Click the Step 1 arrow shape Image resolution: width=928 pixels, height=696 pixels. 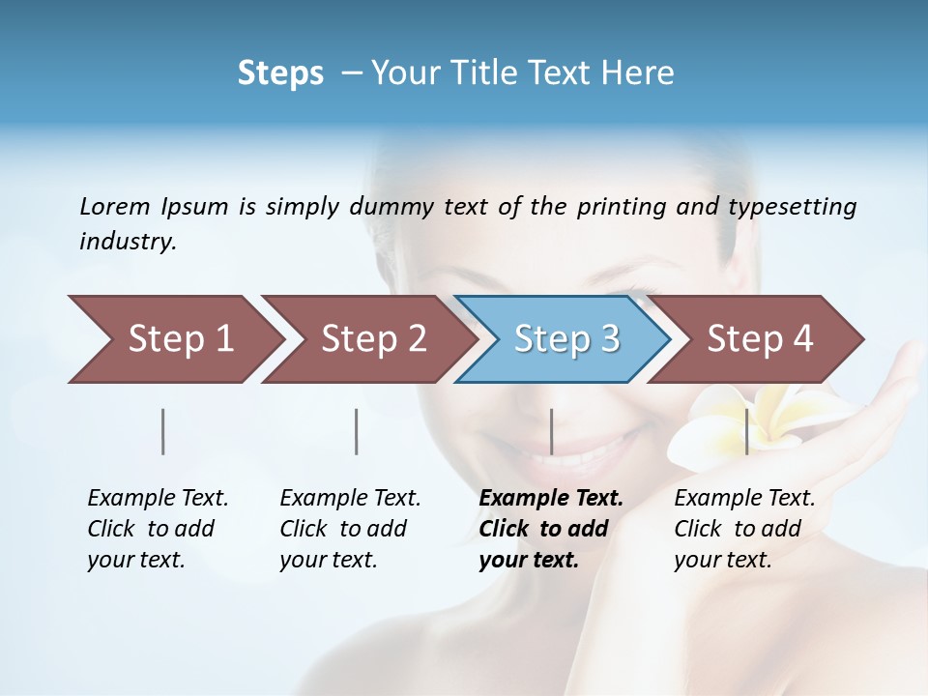click(x=174, y=339)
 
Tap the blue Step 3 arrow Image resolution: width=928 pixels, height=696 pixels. click(x=565, y=339)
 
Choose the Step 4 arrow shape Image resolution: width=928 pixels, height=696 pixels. click(x=759, y=339)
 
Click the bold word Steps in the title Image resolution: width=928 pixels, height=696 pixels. click(x=280, y=73)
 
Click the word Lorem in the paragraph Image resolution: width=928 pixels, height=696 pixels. click(x=115, y=206)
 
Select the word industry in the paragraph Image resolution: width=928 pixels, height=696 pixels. click(x=128, y=242)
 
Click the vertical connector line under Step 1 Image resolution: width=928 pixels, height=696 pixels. click(x=163, y=431)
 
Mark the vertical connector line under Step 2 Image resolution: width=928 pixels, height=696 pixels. click(x=357, y=431)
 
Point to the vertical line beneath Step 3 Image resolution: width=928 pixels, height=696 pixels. click(x=551, y=431)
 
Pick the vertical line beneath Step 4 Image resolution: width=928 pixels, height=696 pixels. click(x=746, y=431)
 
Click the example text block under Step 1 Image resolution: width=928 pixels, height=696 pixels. click(x=158, y=529)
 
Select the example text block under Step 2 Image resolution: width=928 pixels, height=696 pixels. click(x=350, y=529)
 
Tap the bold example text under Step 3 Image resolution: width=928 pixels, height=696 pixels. click(x=551, y=529)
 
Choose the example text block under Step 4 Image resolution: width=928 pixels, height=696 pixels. click(x=744, y=529)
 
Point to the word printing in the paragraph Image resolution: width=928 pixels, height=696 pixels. click(x=622, y=207)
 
